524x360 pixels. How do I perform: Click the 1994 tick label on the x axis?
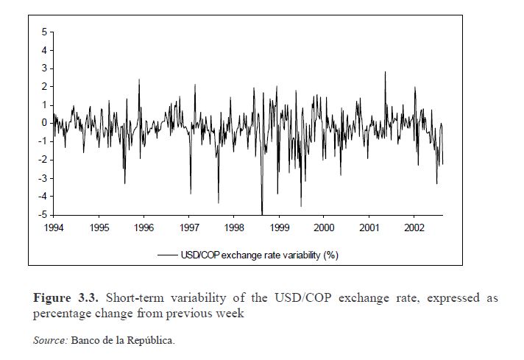click(54, 227)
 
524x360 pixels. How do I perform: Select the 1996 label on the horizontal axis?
click(144, 227)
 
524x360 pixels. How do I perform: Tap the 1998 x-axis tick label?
click(234, 227)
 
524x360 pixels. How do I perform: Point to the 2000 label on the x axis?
click(324, 227)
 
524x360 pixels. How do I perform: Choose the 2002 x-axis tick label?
click(414, 227)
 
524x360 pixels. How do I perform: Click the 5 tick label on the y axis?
click(43, 32)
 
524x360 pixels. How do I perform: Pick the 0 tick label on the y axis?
click(43, 123)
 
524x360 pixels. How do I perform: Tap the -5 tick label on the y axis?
click(42, 214)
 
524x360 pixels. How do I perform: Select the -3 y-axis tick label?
click(42, 177)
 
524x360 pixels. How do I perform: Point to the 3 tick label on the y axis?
click(43, 68)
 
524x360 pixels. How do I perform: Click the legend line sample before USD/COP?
click(167, 255)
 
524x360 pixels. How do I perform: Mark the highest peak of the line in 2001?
click(385, 72)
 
